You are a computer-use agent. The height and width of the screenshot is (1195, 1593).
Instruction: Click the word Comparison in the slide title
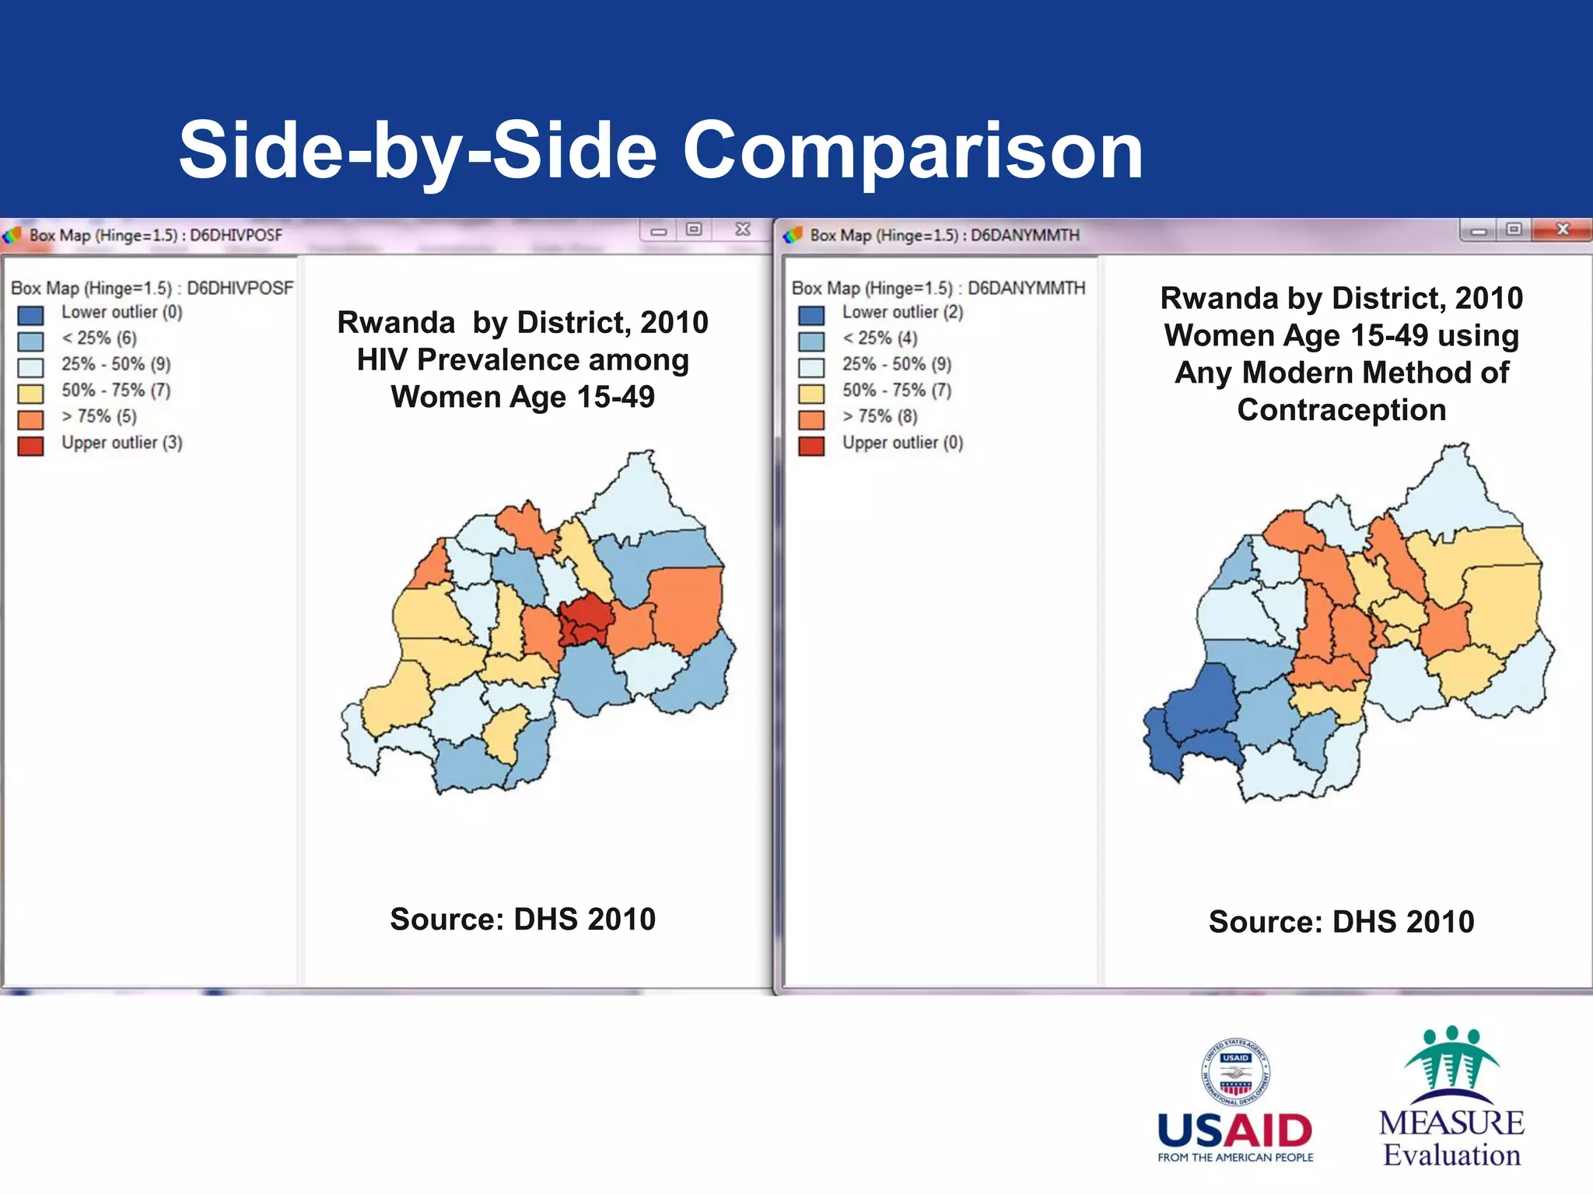click(912, 151)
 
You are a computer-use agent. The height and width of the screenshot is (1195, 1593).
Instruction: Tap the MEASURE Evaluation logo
click(1451, 1097)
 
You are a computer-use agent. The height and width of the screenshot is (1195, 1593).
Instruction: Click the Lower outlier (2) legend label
click(902, 312)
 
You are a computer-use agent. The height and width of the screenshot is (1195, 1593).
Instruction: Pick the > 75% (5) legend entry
click(99, 416)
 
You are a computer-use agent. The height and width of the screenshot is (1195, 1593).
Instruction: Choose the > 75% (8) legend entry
click(880, 416)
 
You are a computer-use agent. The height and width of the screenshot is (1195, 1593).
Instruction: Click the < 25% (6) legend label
click(99, 338)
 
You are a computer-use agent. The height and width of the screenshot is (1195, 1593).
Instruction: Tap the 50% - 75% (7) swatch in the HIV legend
click(30, 393)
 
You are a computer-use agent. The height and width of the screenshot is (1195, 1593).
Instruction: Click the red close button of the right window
click(1562, 230)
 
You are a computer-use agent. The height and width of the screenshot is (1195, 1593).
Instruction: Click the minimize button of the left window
click(659, 230)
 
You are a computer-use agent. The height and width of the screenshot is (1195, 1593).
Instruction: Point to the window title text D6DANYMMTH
click(1024, 235)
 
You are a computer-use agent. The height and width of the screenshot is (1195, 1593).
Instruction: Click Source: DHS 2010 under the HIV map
click(523, 919)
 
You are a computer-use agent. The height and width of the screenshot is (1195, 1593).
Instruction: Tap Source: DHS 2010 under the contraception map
click(1341, 921)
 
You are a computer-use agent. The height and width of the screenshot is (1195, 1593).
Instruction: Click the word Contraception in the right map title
click(1341, 410)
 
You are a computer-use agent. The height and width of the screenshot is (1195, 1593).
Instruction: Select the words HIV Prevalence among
click(523, 359)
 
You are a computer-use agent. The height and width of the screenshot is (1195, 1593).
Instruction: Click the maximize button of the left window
click(694, 230)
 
